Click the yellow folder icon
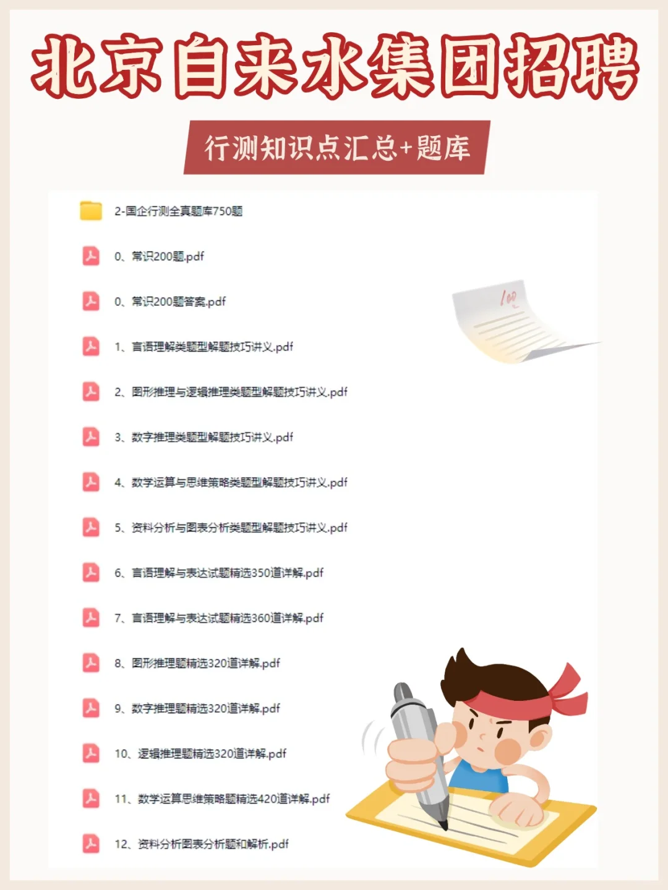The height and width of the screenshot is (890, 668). pyautogui.click(x=91, y=211)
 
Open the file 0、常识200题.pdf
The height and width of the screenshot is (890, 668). pyautogui.click(x=159, y=256)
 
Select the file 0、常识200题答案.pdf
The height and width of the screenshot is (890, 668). pyautogui.click(x=170, y=302)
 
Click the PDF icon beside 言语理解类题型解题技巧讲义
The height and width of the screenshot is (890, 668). pyautogui.click(x=91, y=347)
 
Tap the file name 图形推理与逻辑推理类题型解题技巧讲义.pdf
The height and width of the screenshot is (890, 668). pyautogui.click(x=231, y=392)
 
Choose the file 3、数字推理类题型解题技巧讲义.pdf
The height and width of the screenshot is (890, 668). pyautogui.click(x=203, y=437)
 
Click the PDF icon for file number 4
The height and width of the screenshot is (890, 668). pyautogui.click(x=91, y=482)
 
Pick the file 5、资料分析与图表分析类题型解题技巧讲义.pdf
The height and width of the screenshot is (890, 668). pyautogui.click(x=231, y=527)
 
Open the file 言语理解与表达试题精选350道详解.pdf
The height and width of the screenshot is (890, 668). pyautogui.click(x=219, y=573)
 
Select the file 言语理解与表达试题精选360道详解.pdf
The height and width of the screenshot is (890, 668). pyautogui.click(x=219, y=618)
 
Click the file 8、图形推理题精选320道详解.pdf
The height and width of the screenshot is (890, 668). pyautogui.click(x=197, y=663)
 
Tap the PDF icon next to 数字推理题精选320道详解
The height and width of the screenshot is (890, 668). pyautogui.click(x=91, y=708)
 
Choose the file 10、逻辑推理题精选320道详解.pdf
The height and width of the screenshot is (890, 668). pyautogui.click(x=200, y=753)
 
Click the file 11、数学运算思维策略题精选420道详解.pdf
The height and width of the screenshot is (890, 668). pyautogui.click(x=222, y=799)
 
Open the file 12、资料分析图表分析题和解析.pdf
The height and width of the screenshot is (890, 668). pyautogui.click(x=202, y=844)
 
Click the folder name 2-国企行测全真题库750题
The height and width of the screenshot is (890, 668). pyautogui.click(x=178, y=211)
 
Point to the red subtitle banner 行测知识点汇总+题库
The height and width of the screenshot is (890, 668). pyautogui.click(x=337, y=148)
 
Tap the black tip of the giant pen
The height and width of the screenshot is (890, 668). pyautogui.click(x=443, y=825)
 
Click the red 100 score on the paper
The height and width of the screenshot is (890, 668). pyautogui.click(x=508, y=299)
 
